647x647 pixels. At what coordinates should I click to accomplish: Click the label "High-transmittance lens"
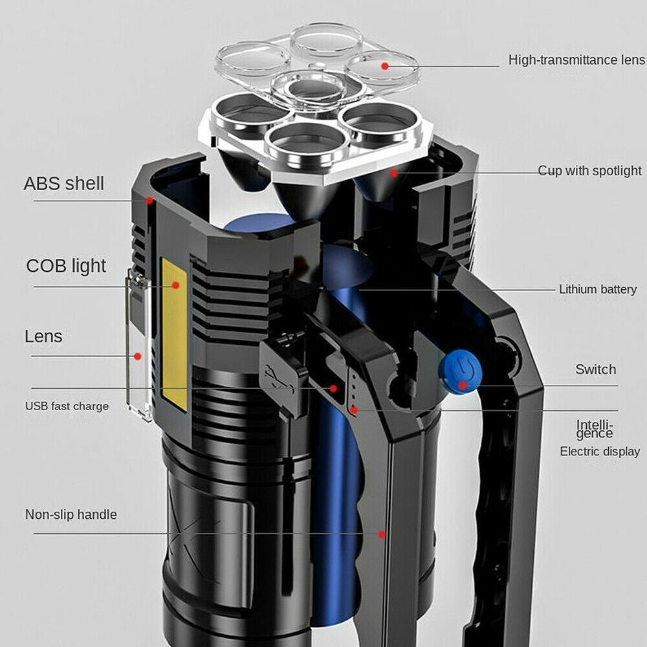[x=576, y=60]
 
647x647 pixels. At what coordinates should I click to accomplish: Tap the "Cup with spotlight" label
[x=589, y=171]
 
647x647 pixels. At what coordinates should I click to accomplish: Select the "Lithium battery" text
[x=598, y=289]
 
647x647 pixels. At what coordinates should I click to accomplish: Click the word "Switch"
[x=595, y=369]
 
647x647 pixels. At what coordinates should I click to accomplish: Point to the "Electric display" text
[x=600, y=452]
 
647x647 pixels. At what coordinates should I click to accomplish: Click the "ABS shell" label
[x=63, y=183]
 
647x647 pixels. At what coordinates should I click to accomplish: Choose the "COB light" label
[x=66, y=265]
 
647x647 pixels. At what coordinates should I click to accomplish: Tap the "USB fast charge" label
[x=67, y=406]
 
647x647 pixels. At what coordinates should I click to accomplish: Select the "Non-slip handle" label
[x=71, y=514]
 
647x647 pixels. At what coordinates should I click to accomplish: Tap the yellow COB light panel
[x=174, y=333]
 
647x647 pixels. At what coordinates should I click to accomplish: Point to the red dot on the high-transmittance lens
[x=385, y=65]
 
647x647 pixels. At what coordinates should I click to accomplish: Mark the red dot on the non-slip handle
[x=382, y=534]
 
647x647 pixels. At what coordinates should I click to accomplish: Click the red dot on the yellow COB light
[x=175, y=285]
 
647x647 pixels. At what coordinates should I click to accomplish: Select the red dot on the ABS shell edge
[x=149, y=201]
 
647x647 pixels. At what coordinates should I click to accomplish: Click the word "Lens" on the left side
[x=43, y=336]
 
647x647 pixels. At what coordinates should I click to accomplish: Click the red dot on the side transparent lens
[x=137, y=355]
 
